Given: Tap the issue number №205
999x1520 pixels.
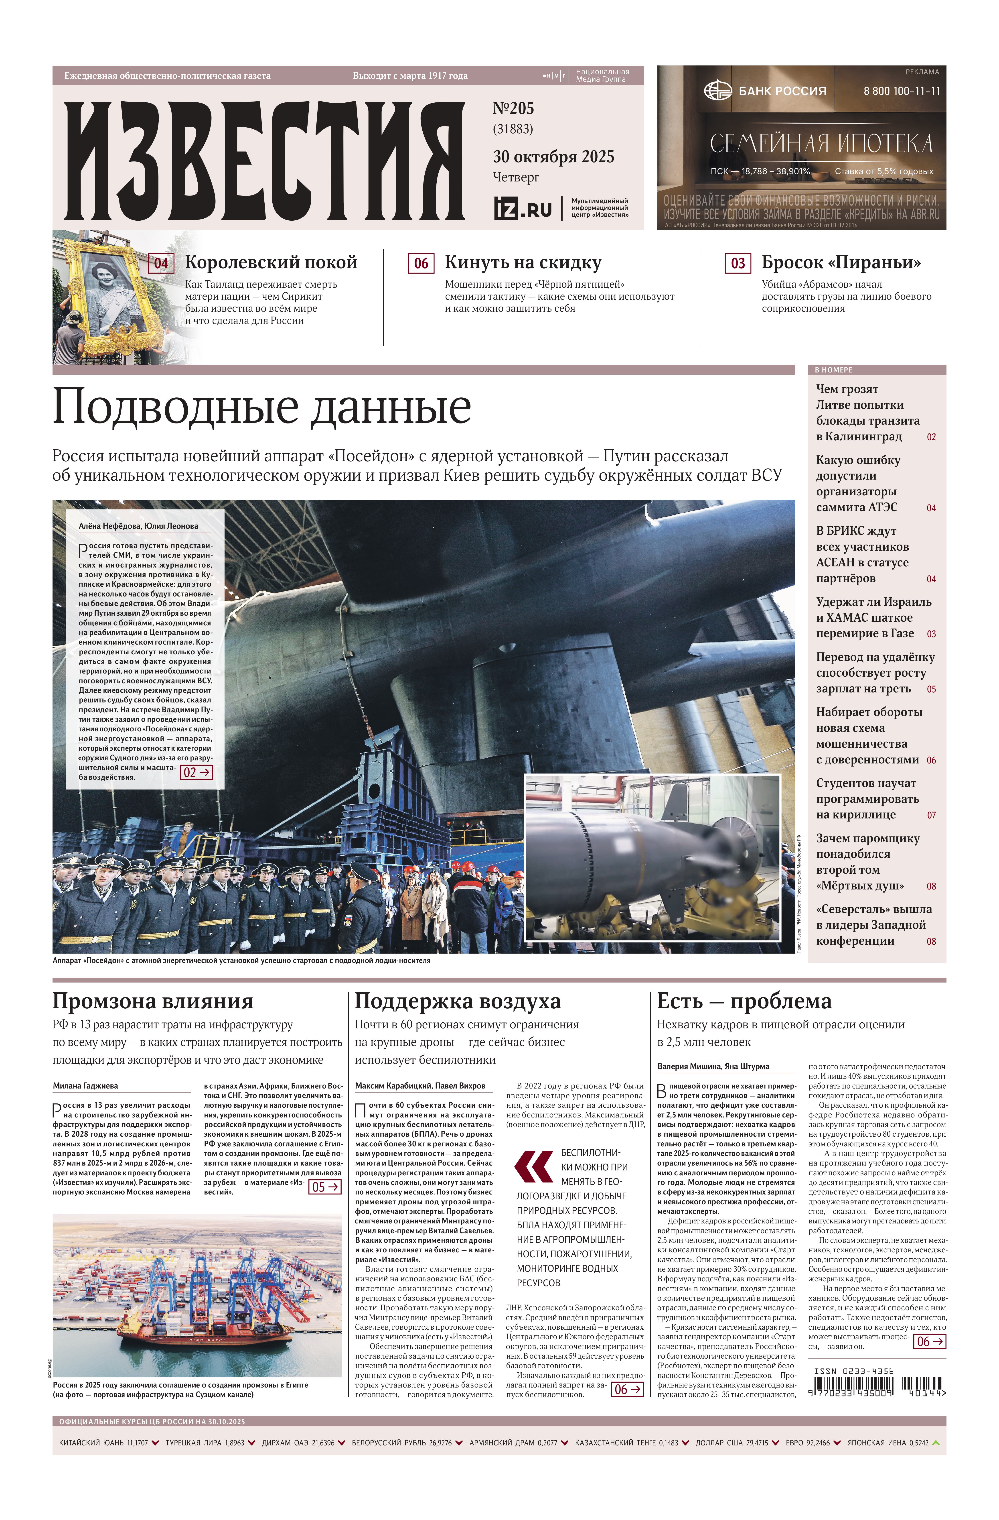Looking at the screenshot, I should tap(513, 109).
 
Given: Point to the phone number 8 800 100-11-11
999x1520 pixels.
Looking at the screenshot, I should tap(901, 91).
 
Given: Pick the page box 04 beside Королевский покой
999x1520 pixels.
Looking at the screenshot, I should tap(161, 263).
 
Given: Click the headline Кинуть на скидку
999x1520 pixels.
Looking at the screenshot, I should tap(523, 262).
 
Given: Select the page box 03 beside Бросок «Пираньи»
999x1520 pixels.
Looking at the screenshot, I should tap(737, 263).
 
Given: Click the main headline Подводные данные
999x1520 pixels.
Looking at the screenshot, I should tap(262, 407).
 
